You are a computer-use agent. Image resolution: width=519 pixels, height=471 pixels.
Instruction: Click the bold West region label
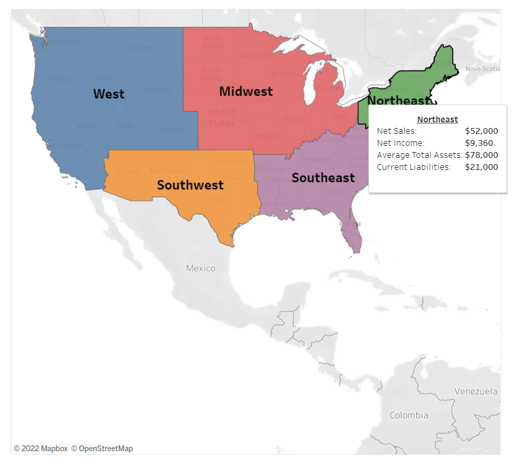click(109, 94)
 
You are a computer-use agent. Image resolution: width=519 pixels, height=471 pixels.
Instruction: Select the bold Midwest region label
click(246, 91)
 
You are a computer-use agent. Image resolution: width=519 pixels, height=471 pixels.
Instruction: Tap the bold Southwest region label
click(190, 185)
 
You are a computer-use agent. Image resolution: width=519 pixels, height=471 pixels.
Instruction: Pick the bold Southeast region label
click(323, 178)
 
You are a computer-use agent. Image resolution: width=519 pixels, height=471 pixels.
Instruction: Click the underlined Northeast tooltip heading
click(437, 120)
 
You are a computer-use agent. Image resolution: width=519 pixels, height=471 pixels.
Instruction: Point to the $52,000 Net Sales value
click(481, 131)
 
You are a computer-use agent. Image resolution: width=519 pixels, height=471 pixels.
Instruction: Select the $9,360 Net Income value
click(479, 143)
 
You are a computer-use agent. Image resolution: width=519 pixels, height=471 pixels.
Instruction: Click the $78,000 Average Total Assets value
click(481, 155)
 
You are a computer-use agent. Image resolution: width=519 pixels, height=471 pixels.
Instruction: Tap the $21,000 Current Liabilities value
click(481, 167)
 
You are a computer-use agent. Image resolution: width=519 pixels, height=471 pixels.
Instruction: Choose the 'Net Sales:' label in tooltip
click(397, 131)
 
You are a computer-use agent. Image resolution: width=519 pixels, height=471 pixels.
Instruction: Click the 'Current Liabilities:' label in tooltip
click(413, 167)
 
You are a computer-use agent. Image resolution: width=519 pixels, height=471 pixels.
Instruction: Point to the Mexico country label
click(201, 268)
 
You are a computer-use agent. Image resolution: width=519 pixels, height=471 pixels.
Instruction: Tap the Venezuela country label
click(476, 392)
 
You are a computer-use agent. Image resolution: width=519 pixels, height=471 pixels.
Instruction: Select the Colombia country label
click(409, 416)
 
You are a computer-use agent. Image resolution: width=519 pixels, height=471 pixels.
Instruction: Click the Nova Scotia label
click(482, 68)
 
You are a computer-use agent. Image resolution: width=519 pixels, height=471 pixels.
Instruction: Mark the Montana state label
click(141, 48)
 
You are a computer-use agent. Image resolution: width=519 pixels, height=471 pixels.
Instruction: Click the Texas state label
click(218, 200)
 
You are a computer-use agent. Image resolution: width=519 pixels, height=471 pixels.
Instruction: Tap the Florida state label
click(350, 224)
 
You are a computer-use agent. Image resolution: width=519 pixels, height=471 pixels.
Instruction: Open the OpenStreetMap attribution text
click(102, 449)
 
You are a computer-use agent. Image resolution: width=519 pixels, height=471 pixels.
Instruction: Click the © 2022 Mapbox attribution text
click(41, 449)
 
